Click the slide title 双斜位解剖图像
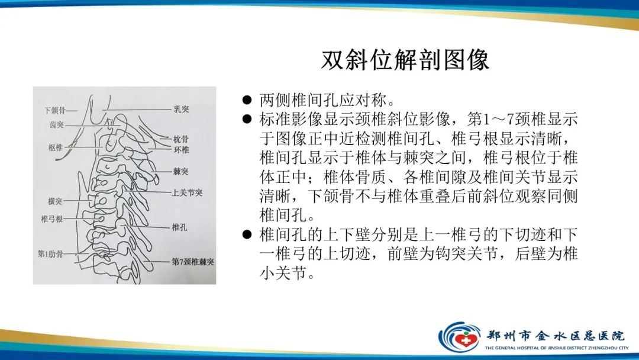point(405,60)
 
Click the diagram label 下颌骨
point(55,111)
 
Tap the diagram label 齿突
point(57,125)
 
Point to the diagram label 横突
point(55,201)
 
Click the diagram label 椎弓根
point(51,219)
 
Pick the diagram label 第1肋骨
point(50,254)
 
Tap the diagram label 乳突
point(181,110)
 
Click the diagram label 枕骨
point(181,140)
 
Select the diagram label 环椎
point(181,150)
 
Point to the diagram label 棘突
point(181,172)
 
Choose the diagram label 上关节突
point(188,193)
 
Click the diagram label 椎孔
point(180,227)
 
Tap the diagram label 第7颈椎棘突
point(193,261)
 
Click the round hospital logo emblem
point(459,336)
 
